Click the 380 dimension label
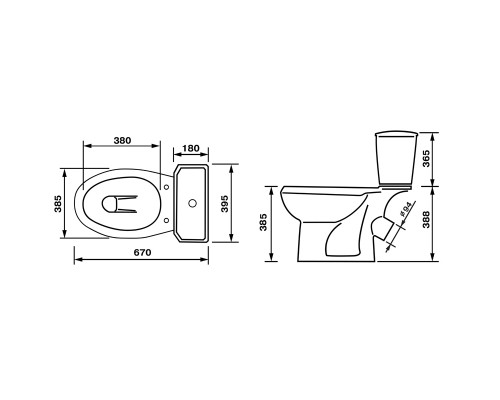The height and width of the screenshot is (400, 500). [x=122, y=141]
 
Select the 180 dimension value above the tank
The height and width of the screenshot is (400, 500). [x=191, y=148]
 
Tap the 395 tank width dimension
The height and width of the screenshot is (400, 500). [x=225, y=203]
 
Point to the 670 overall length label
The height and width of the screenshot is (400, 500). [x=142, y=253]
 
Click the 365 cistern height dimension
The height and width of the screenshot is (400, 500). [x=426, y=159]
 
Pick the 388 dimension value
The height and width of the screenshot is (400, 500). [x=426, y=219]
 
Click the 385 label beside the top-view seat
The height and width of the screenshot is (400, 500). [x=58, y=203]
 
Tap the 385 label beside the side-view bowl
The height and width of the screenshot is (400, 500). [x=263, y=222]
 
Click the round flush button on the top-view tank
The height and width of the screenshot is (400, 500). [x=192, y=203]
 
